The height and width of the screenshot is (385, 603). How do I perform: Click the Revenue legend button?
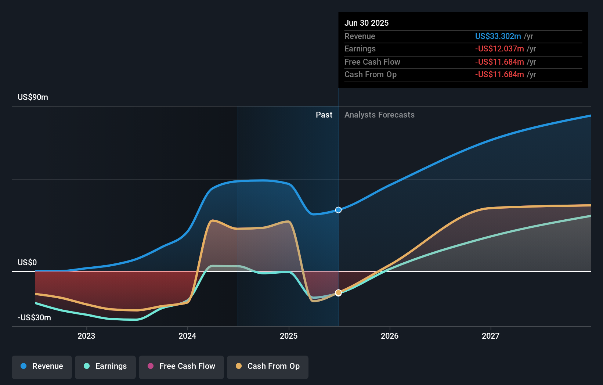[42, 366]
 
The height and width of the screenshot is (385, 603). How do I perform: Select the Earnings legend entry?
[105, 366]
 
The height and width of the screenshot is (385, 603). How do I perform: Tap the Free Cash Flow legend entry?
[181, 366]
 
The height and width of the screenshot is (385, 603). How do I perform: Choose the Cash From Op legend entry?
[268, 366]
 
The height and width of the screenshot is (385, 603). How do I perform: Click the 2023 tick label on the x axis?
[86, 336]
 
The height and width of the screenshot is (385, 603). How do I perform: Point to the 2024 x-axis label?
[187, 336]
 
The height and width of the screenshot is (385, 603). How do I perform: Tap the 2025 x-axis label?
[289, 336]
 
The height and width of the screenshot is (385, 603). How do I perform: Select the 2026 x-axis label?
[390, 336]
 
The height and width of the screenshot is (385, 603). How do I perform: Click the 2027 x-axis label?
[491, 336]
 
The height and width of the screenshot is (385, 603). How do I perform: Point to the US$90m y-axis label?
[33, 97]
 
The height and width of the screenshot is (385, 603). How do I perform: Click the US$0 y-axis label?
[27, 262]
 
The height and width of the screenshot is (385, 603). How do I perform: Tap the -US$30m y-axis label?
[34, 317]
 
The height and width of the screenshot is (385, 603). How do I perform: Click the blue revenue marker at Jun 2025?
[338, 210]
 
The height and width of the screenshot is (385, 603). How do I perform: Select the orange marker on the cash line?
[338, 293]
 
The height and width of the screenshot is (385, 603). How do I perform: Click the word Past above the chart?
[324, 115]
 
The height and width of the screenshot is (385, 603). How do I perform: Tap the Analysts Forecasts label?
[379, 115]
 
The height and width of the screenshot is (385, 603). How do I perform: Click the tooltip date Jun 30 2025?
[366, 23]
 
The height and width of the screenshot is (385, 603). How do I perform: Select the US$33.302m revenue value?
[498, 36]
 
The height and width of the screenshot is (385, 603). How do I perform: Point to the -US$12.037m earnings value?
[499, 48]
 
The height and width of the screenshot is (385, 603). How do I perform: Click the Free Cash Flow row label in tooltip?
[372, 62]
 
